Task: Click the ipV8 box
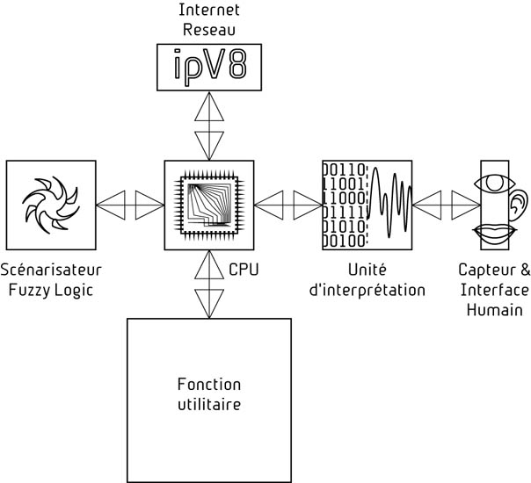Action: click(209, 68)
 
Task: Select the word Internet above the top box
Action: click(209, 11)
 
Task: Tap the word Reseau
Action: click(209, 29)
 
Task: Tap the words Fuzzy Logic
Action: click(49, 289)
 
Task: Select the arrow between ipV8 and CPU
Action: click(209, 124)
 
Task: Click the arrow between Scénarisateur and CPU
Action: click(130, 205)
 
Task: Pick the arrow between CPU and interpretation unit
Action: click(288, 205)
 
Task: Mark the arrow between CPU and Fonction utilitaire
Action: click(209, 284)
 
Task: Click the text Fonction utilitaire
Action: click(209, 395)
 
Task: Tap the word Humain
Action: click(494, 310)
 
